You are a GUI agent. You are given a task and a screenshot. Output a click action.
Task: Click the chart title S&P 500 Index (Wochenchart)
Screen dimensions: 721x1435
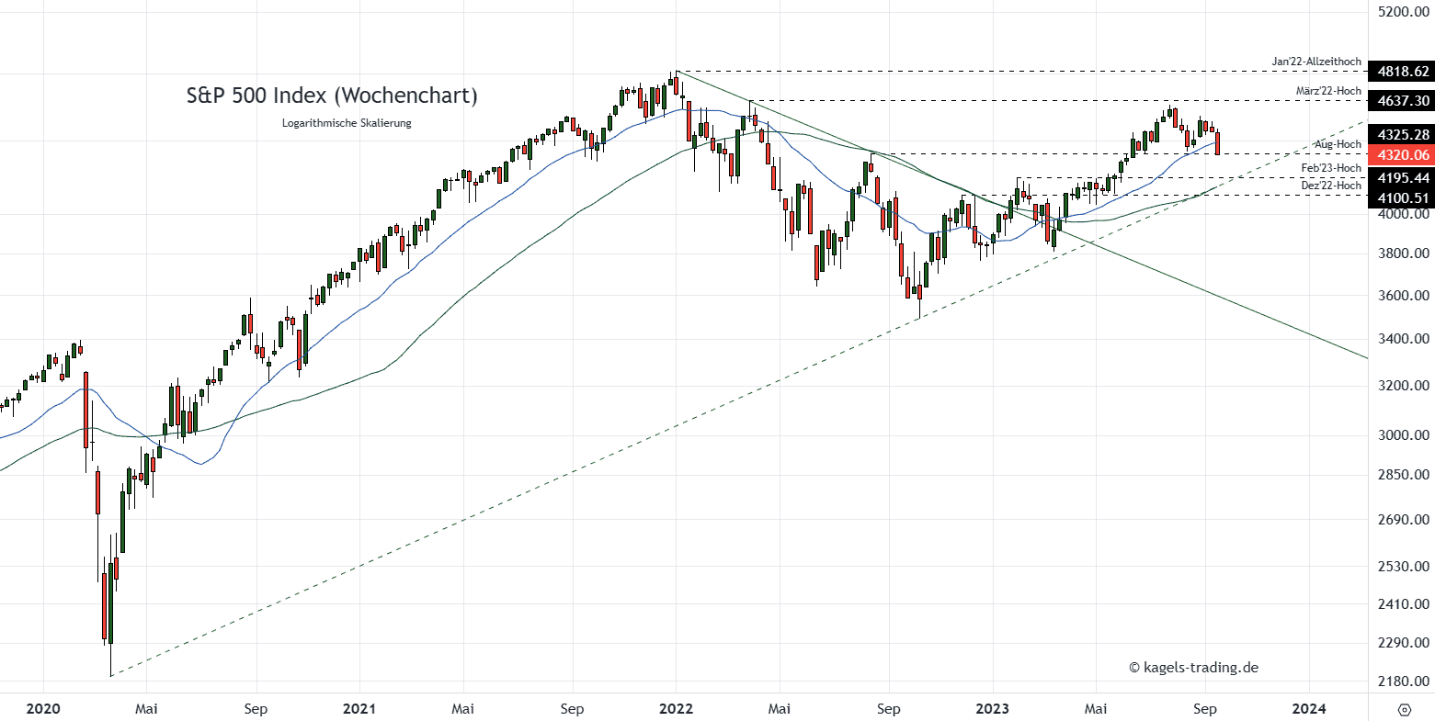coord(332,96)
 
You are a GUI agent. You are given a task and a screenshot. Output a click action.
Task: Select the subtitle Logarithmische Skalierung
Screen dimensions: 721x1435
coord(347,123)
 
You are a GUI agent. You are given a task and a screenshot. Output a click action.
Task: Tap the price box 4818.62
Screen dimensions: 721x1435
coord(1397,72)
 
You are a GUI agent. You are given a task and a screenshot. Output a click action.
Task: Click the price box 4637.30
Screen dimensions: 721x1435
coord(1397,100)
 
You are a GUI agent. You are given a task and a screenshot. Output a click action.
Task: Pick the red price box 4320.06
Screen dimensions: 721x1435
coord(1397,155)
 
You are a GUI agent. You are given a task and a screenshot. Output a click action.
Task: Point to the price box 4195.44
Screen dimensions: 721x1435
coord(1397,176)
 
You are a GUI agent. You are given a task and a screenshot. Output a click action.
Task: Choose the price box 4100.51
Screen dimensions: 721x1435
coord(1397,197)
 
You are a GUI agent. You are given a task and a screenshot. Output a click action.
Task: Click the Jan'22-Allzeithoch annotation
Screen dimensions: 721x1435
coord(1316,62)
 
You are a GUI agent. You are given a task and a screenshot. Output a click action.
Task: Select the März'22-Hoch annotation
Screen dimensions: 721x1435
coord(1328,91)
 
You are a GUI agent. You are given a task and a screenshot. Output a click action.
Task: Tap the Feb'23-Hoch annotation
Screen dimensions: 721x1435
coord(1331,168)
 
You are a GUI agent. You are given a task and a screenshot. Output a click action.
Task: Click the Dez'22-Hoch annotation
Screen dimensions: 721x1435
coord(1331,186)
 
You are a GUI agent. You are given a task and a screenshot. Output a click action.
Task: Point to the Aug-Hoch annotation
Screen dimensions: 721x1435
coord(1338,145)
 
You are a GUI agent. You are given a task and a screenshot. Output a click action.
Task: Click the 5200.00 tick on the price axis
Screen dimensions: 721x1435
coord(1403,12)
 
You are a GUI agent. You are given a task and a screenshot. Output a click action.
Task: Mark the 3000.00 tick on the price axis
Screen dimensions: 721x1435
coord(1403,435)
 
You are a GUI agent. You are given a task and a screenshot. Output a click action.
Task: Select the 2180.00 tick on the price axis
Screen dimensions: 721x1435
coord(1403,682)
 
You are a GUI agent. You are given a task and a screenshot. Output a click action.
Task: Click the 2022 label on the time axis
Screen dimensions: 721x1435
coord(676,708)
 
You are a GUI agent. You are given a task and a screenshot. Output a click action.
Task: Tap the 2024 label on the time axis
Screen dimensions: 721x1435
coord(1309,708)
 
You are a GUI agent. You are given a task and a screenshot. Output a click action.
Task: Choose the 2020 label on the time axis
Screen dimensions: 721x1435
coord(43,708)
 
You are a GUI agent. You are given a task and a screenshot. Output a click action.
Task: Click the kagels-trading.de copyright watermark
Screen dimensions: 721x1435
coord(1193,668)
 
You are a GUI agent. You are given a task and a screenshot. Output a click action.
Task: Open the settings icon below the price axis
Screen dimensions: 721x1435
coord(1404,709)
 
